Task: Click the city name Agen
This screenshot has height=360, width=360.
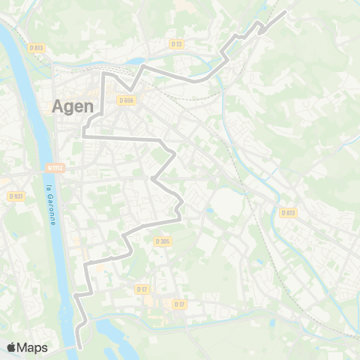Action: (x=73, y=107)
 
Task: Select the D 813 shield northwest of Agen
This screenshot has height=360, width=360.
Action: (x=37, y=47)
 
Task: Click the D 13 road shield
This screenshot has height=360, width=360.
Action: (x=177, y=44)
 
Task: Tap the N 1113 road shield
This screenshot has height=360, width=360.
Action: (x=52, y=168)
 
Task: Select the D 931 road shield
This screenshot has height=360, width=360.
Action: (x=16, y=196)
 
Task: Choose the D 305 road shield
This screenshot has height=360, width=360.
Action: (x=163, y=241)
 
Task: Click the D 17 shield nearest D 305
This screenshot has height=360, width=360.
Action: (x=142, y=289)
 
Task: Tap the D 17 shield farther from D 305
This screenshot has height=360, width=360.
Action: (x=179, y=304)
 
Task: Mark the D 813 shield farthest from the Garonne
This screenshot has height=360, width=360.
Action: (x=289, y=212)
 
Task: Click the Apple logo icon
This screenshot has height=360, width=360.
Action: (x=11, y=347)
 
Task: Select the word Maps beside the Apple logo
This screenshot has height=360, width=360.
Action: (x=32, y=347)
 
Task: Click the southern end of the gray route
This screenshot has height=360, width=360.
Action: (x=79, y=347)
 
